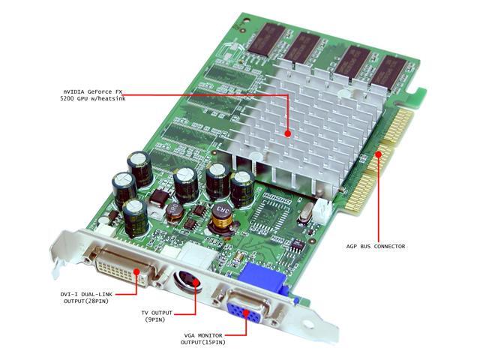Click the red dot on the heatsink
coord(287,133)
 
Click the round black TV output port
coord(186,283)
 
